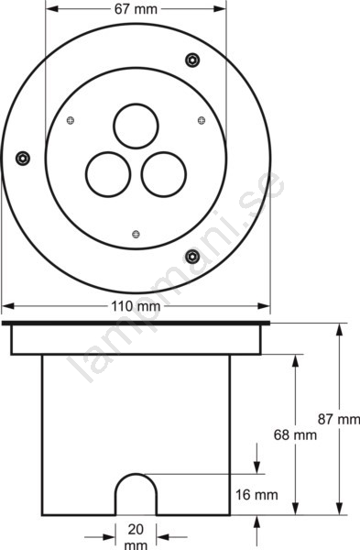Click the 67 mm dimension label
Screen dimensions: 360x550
(x=136, y=9)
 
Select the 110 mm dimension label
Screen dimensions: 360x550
(x=136, y=306)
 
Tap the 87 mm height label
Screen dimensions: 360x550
(x=339, y=419)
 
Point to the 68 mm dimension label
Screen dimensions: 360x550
(x=295, y=434)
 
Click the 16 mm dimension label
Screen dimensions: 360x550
(x=256, y=495)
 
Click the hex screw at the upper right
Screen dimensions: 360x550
(x=192, y=60)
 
